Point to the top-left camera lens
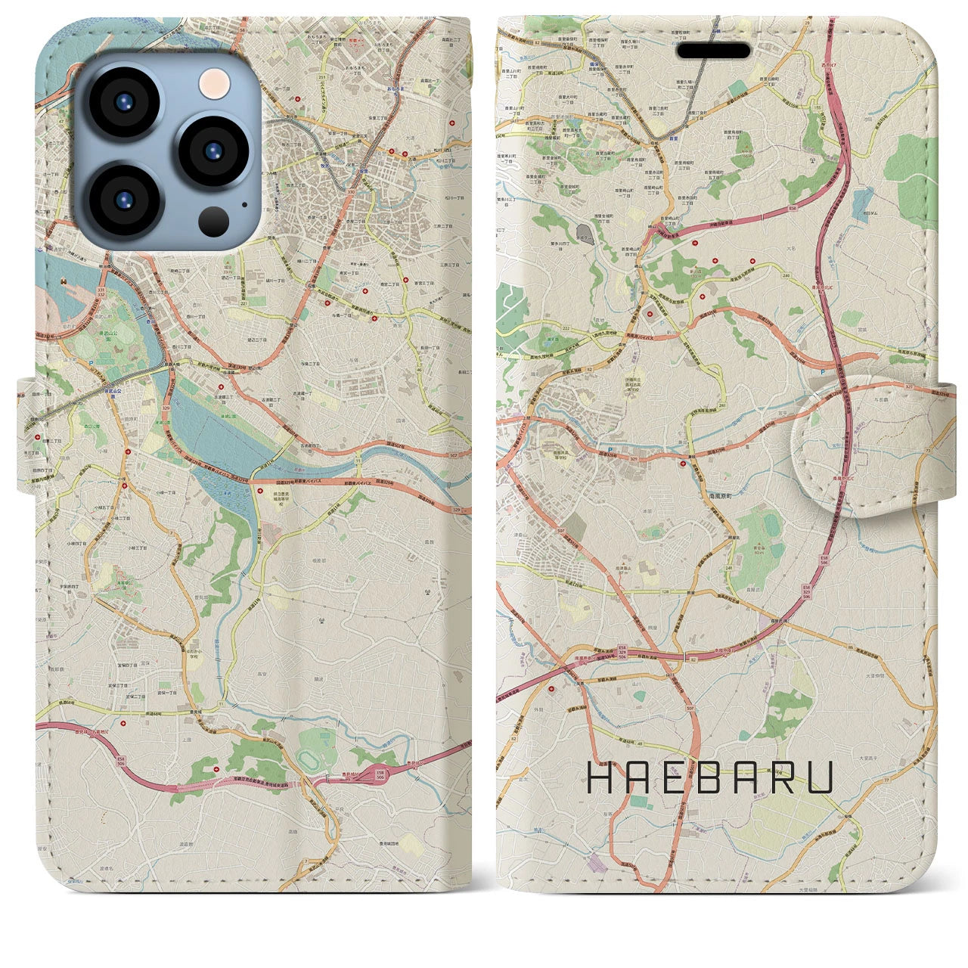[x=123, y=103]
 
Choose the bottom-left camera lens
[x=123, y=199]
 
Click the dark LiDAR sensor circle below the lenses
[x=214, y=220]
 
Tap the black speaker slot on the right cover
[x=714, y=51]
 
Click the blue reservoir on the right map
[x=861, y=200]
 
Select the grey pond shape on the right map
[x=585, y=231]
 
